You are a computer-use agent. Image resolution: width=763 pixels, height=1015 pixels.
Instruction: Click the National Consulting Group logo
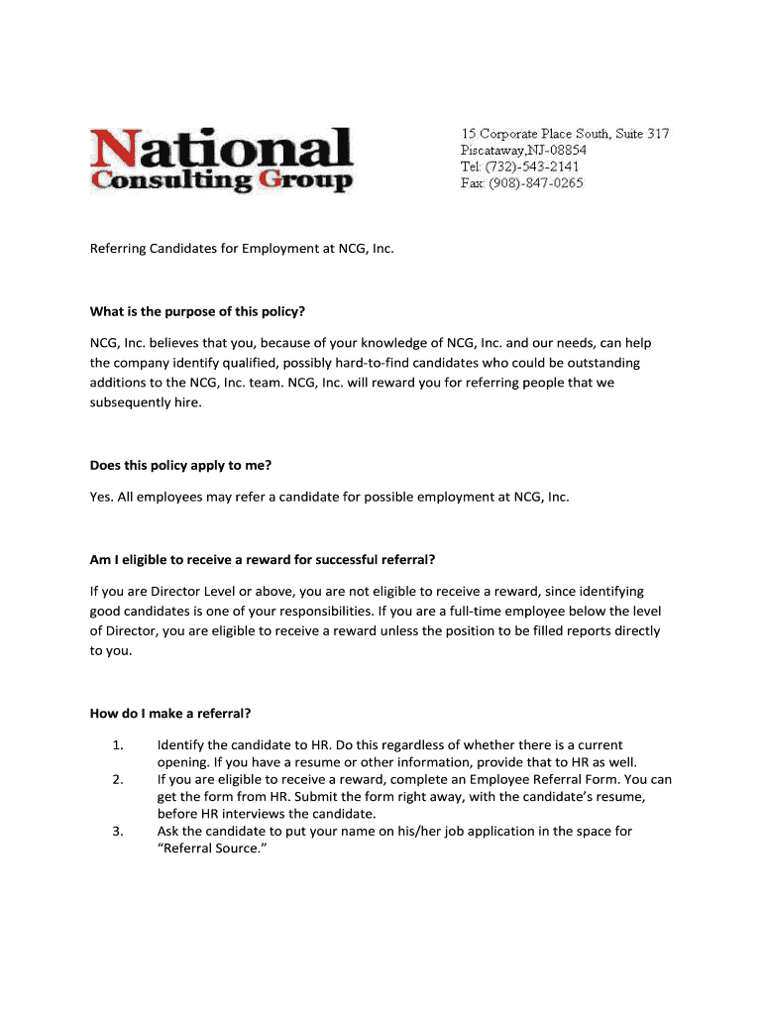click(x=221, y=159)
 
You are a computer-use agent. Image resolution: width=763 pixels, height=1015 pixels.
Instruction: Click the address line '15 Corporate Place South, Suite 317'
click(x=565, y=133)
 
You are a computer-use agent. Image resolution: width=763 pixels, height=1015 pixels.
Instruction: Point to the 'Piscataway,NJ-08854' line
click(x=523, y=150)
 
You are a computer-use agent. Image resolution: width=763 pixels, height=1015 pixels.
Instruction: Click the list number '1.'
click(x=117, y=744)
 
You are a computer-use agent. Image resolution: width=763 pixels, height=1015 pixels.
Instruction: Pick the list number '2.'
click(x=117, y=779)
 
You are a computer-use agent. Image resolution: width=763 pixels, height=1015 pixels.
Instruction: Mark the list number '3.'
click(x=117, y=832)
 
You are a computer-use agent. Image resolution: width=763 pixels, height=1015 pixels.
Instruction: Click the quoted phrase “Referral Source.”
click(x=213, y=849)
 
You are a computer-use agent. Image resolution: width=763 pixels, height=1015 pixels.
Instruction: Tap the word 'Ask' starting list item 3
click(x=168, y=832)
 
